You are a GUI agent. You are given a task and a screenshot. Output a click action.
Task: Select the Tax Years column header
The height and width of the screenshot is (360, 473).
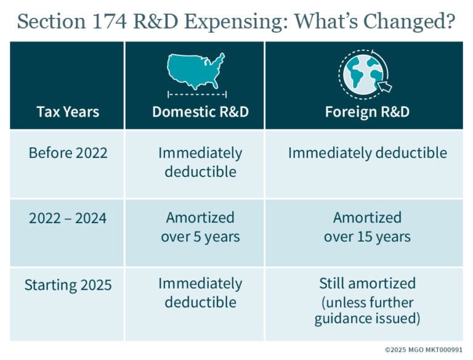pyautogui.click(x=68, y=112)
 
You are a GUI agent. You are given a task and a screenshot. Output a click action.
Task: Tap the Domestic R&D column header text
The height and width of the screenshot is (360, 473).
pyautogui.click(x=200, y=112)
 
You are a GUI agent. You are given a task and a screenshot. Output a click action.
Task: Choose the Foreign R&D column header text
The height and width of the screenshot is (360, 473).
pyautogui.click(x=367, y=112)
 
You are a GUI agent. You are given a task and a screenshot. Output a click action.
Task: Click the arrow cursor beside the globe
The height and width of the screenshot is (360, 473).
pyautogui.click(x=385, y=87)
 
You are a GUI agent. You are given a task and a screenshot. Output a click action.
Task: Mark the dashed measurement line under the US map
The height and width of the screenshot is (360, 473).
pyautogui.click(x=197, y=94)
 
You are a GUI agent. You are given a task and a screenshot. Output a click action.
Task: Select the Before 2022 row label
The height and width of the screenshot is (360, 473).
pyautogui.click(x=68, y=153)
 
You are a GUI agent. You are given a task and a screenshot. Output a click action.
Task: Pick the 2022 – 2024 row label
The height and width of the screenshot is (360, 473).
pyautogui.click(x=68, y=218)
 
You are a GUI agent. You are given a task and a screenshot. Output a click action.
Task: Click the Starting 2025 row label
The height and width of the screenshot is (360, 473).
pyautogui.click(x=68, y=285)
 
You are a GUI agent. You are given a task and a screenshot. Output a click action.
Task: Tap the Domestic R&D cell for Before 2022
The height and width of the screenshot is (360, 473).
pyautogui.click(x=200, y=162)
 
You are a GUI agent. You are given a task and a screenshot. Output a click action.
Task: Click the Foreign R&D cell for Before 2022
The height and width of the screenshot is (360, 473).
pyautogui.click(x=367, y=153)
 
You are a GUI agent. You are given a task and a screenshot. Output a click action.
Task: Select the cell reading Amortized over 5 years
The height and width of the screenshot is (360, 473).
pyautogui.click(x=200, y=227)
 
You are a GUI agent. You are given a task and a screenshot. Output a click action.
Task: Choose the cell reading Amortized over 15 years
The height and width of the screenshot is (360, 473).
pyautogui.click(x=367, y=227)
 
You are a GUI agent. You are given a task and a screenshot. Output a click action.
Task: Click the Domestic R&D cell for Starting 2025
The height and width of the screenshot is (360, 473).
pyautogui.click(x=200, y=293)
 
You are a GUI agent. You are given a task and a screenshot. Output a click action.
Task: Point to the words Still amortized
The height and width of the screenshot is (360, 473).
pyautogui.click(x=367, y=284)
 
